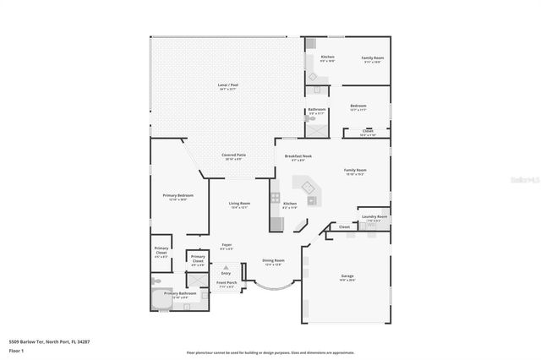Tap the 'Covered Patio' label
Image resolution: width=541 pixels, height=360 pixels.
234,155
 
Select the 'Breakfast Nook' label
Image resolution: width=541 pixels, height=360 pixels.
298,155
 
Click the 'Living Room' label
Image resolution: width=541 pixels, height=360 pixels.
239,204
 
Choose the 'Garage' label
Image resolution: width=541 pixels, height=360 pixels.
347,276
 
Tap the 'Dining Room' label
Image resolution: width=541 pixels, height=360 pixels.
273,260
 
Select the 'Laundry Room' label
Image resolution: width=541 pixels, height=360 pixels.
374,217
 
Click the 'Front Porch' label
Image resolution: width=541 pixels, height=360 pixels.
225,283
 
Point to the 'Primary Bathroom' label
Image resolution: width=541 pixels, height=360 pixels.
180,293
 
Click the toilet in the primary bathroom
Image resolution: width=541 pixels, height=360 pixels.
156,282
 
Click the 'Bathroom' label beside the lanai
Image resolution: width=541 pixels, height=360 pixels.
317,109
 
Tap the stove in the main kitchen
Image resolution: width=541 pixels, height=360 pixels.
275,198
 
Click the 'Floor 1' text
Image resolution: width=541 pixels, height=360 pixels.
16,349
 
